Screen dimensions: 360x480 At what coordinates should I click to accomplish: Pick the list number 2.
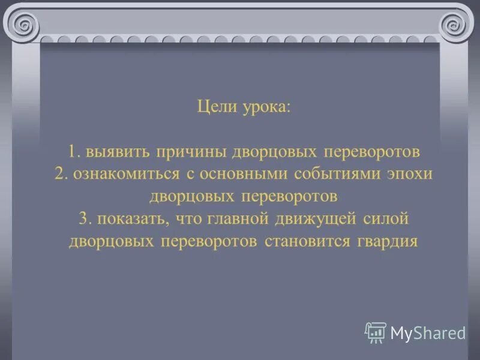tap(60, 173)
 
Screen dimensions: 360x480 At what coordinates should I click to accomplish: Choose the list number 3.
tap(84, 218)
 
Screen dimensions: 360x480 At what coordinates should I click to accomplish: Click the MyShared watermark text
tap(427, 333)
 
